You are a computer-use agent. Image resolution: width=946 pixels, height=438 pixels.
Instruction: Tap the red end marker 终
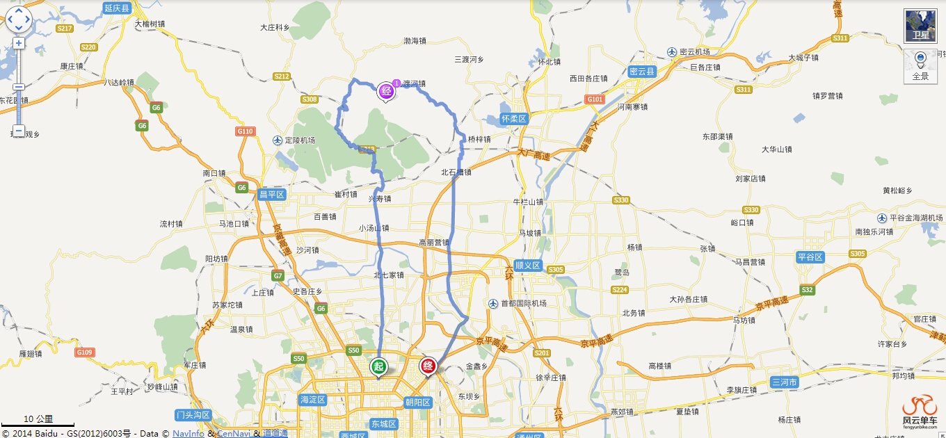[x=428, y=366]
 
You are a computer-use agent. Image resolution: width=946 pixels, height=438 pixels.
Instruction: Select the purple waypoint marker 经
[x=386, y=90]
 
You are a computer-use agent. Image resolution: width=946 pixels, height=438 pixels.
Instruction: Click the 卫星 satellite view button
[x=920, y=26]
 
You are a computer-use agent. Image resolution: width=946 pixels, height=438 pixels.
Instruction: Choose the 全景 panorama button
[x=920, y=67]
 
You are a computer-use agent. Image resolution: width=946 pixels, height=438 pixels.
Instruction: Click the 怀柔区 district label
[x=515, y=119]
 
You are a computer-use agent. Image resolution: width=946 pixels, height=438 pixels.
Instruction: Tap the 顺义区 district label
[x=528, y=265]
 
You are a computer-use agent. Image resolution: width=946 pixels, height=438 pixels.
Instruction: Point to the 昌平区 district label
[x=272, y=195]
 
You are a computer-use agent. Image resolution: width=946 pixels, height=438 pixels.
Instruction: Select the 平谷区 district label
[x=810, y=257]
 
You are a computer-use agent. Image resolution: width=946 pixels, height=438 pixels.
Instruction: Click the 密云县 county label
[x=642, y=72]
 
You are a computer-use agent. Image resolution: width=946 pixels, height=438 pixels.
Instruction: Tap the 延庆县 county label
[x=117, y=8]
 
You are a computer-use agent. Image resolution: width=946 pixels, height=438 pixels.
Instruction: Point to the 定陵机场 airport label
[x=296, y=140]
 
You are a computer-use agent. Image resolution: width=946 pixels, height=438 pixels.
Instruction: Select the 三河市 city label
[x=785, y=382]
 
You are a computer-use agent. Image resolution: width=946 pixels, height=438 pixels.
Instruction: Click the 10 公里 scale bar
[x=38, y=421]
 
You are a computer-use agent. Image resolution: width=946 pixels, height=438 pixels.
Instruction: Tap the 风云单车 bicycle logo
[x=920, y=410]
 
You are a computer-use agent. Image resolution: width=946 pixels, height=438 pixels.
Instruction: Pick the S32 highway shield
[x=807, y=290]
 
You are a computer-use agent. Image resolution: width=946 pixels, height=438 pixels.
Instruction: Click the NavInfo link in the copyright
[x=188, y=433]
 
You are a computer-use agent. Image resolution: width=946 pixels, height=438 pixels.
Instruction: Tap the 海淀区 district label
[x=312, y=400]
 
